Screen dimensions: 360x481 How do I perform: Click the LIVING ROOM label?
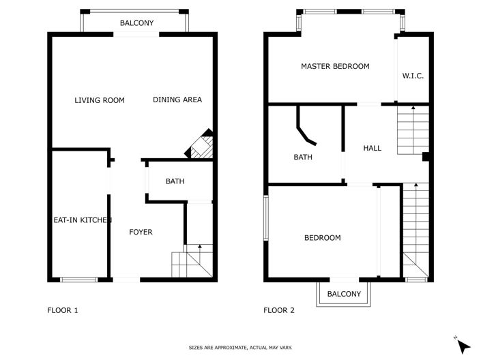(100, 100)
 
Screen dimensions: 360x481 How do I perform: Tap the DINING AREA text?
(177, 100)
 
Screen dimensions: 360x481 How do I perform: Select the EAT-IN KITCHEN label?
(83, 220)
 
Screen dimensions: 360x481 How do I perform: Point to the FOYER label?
(141, 232)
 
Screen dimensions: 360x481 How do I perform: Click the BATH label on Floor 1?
(175, 181)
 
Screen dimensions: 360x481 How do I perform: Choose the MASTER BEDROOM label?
(335, 66)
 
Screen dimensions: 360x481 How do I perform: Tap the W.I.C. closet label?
(413, 76)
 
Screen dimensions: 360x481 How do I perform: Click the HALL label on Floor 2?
(373, 148)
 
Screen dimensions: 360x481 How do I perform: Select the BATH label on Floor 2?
(303, 157)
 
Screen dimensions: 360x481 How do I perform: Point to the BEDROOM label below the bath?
(322, 238)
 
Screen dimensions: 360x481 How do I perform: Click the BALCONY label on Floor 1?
(136, 23)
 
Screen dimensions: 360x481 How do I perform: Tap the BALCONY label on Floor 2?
(344, 294)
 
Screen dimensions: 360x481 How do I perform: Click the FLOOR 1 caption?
(63, 310)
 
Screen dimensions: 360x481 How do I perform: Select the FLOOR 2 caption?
(279, 310)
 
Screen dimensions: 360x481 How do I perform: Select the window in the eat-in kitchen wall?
(78, 280)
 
